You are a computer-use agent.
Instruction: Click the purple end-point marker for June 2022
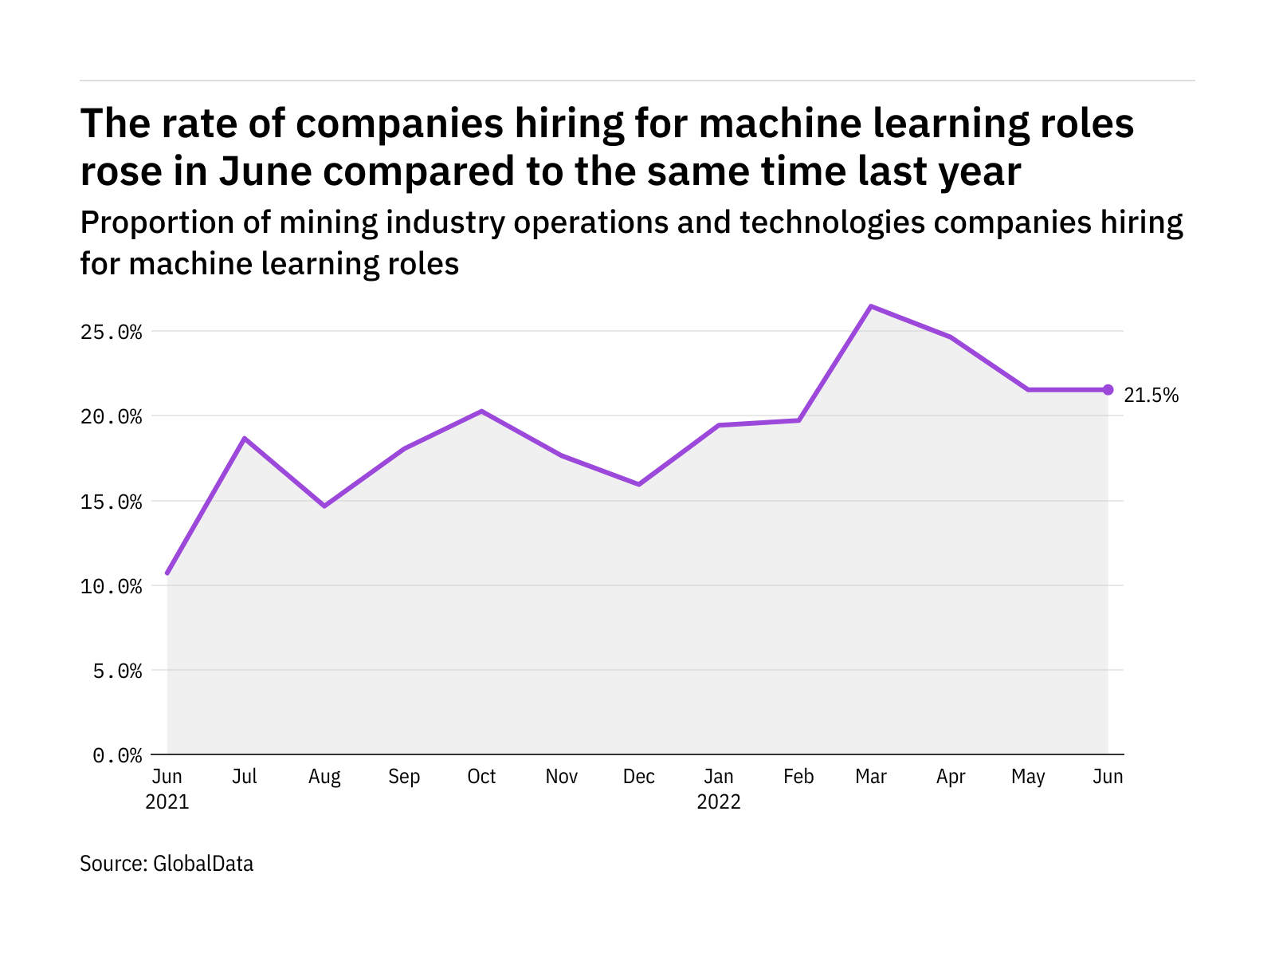(1108, 389)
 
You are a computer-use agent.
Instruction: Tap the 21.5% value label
(1151, 395)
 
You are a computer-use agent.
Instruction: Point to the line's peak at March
(871, 306)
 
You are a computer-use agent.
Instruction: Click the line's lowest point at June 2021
(167, 573)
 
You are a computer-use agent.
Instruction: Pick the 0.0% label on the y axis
(117, 755)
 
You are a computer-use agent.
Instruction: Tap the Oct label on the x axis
(481, 777)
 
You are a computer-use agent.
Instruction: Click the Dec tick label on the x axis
(638, 777)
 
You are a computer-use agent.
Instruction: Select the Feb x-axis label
(798, 777)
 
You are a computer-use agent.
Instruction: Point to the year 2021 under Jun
(167, 801)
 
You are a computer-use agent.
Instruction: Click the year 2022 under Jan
(719, 801)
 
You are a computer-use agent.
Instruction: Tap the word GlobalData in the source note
(203, 864)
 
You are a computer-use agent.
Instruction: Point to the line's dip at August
(324, 506)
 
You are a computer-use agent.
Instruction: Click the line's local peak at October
(481, 411)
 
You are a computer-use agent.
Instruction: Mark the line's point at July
(245, 438)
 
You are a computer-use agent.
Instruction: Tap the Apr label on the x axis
(951, 777)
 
